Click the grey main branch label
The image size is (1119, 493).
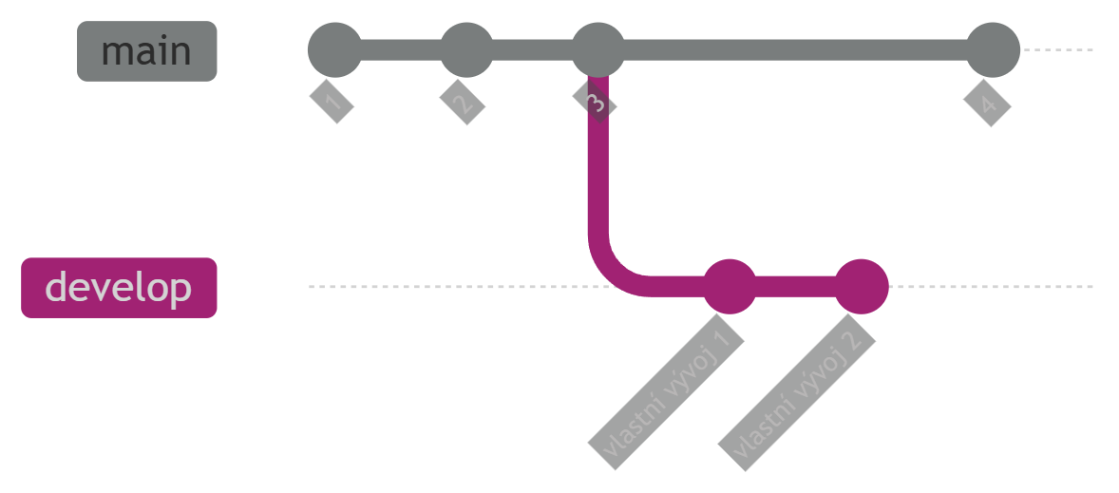click(x=147, y=51)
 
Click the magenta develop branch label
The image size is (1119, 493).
click(x=119, y=288)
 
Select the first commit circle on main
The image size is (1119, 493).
click(x=334, y=50)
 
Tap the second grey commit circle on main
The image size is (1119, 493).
click(x=466, y=50)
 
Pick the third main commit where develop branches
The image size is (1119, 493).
click(x=598, y=50)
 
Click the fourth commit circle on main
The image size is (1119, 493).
click(x=993, y=50)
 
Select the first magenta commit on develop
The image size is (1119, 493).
click(x=730, y=286)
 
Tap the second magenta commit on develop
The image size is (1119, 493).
click(x=862, y=286)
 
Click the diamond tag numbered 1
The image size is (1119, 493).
click(x=332, y=102)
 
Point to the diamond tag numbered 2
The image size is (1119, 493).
click(x=463, y=102)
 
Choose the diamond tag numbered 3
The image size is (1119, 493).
click(x=596, y=102)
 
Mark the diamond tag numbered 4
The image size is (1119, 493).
click(x=988, y=104)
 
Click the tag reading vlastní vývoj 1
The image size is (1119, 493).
click(x=667, y=391)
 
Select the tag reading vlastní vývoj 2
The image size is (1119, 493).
click(x=797, y=392)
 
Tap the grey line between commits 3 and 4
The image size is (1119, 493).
click(x=796, y=50)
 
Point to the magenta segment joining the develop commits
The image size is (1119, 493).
click(x=795, y=286)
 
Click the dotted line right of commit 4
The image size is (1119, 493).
click(x=1057, y=50)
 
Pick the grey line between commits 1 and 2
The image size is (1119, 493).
click(x=400, y=50)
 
